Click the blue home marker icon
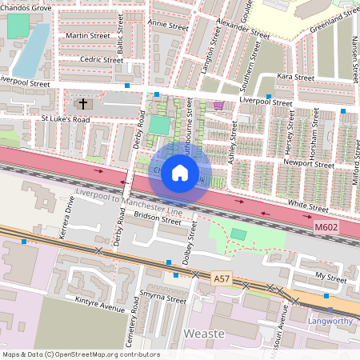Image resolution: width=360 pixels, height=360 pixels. (180, 172)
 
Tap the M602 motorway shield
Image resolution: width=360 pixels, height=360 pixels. (324, 229)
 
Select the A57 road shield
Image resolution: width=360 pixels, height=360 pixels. (223, 278)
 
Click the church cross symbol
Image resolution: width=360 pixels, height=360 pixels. (83, 103)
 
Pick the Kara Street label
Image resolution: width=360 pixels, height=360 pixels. (295, 78)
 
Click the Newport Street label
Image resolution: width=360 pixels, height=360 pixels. (309, 164)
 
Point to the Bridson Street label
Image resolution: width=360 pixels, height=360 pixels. (158, 218)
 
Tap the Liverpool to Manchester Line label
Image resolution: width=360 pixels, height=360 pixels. (129, 199)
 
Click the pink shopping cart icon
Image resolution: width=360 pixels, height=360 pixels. (218, 105)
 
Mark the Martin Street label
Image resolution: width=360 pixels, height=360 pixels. (88, 36)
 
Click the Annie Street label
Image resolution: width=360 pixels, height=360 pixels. (168, 25)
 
